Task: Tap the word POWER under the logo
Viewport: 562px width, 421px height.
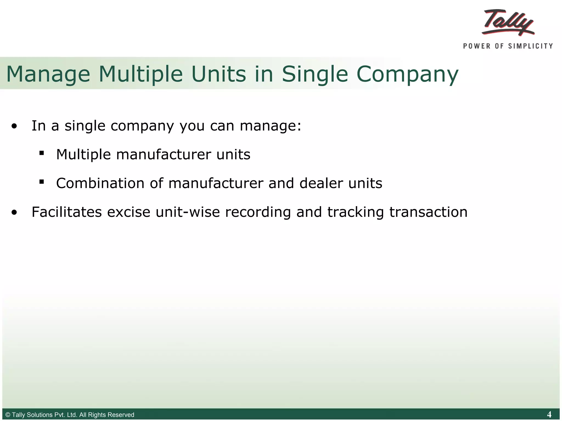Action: click(476, 46)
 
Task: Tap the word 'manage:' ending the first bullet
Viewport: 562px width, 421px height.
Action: click(270, 126)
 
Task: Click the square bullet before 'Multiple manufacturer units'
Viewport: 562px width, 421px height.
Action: click(42, 153)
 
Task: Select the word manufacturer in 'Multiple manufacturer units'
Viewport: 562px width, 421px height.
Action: click(164, 155)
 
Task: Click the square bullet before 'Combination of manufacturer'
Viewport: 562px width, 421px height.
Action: click(42, 181)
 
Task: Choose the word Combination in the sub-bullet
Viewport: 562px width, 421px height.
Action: click(100, 183)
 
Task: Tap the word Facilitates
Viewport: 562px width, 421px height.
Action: click(67, 212)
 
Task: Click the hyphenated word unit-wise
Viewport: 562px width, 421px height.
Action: click(188, 212)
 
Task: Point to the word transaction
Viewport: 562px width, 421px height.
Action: click(428, 212)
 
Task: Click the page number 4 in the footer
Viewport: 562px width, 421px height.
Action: click(549, 414)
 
